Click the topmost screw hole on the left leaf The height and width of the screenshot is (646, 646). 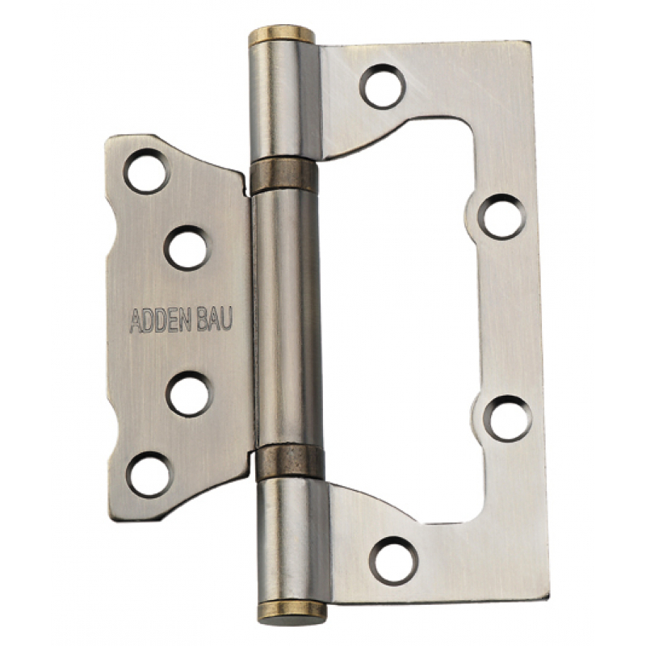(x=146, y=171)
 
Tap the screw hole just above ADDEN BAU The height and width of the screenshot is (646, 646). (x=187, y=248)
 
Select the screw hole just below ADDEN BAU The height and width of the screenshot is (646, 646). (x=190, y=394)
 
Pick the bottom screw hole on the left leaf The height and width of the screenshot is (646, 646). (x=149, y=474)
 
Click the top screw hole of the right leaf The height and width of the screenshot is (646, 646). (x=382, y=86)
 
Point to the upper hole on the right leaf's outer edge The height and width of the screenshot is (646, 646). (x=501, y=216)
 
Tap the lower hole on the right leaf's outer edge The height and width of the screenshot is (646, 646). (x=508, y=418)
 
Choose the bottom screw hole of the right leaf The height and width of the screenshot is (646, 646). (x=394, y=560)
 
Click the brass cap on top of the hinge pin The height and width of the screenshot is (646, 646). (x=281, y=35)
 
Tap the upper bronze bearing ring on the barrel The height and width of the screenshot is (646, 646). (x=283, y=176)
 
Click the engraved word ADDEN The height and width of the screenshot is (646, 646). (x=160, y=321)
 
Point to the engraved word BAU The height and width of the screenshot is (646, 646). (x=214, y=320)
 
